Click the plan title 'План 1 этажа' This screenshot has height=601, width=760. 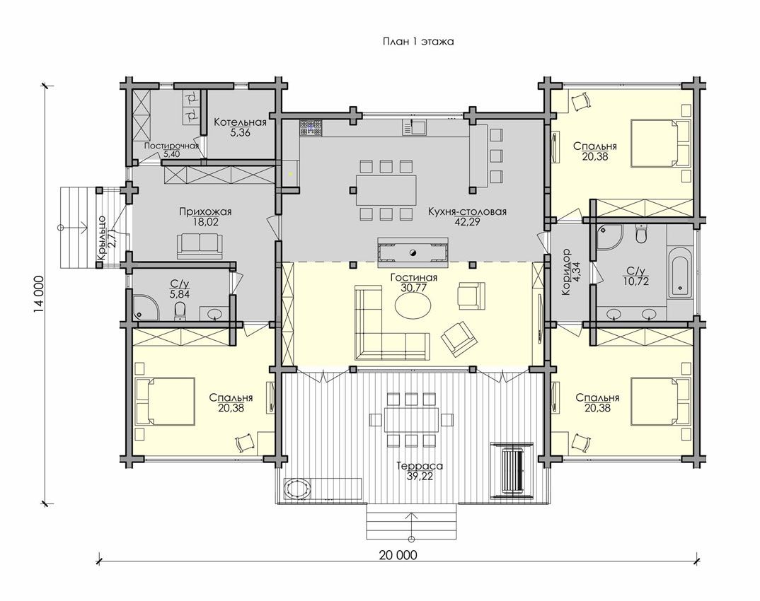pyautogui.click(x=418, y=42)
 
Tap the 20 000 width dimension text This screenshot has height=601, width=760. pyautogui.click(x=398, y=555)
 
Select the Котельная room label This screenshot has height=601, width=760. pyautogui.click(x=241, y=122)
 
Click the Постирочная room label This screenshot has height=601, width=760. pyautogui.click(x=171, y=146)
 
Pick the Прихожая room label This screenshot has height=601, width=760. pyautogui.click(x=205, y=211)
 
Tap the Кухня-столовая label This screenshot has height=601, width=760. pyautogui.click(x=467, y=211)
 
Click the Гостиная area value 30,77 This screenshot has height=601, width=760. pyautogui.click(x=413, y=288)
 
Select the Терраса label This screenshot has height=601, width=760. pyautogui.click(x=419, y=466)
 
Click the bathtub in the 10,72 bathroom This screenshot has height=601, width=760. pyautogui.click(x=681, y=273)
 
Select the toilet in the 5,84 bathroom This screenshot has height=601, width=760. pyautogui.click(x=180, y=311)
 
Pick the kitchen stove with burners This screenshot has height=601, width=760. pyautogui.click(x=310, y=128)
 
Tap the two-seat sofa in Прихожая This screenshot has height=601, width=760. pyautogui.click(x=200, y=245)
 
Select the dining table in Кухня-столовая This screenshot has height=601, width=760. pyautogui.click(x=386, y=190)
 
